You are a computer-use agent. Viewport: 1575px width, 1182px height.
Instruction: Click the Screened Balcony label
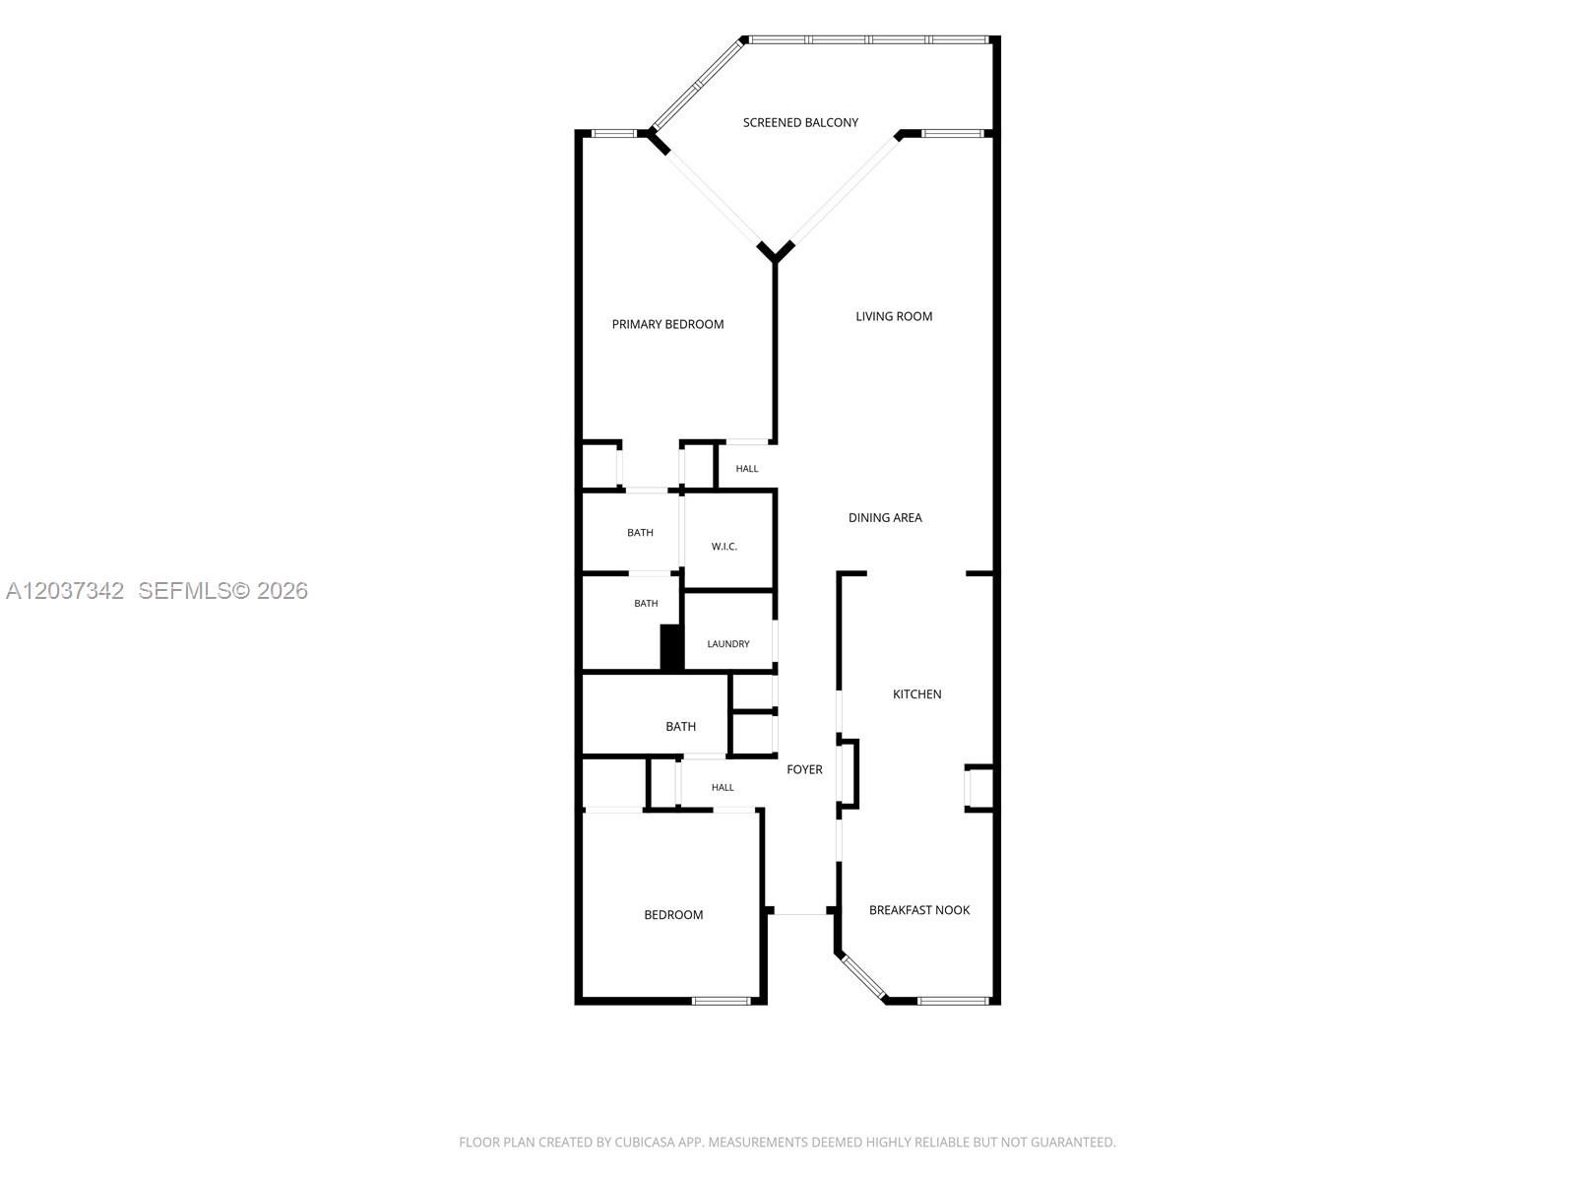point(800,123)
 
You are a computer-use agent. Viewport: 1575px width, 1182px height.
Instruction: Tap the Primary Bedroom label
point(667,324)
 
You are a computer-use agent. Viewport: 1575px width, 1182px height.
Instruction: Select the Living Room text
point(894,316)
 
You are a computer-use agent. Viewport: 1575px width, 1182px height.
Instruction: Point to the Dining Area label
point(885,517)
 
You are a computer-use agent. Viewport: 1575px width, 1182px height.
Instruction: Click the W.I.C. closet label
point(724,547)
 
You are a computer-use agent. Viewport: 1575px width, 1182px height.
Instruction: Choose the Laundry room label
point(728,644)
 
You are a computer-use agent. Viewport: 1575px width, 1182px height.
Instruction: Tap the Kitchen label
point(917,694)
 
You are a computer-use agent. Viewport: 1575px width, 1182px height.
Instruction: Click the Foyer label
point(804,769)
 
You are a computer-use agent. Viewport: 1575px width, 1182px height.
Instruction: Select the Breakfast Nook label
point(919,910)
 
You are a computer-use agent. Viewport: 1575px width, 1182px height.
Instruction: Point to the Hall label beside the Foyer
point(723,787)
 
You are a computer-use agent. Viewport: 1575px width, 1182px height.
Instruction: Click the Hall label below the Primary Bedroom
point(747,469)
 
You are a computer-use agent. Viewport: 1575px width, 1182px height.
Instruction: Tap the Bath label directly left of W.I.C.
point(640,533)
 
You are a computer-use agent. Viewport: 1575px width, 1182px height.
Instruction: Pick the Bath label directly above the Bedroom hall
point(680,726)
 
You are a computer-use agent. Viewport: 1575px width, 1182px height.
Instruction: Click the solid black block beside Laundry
point(670,648)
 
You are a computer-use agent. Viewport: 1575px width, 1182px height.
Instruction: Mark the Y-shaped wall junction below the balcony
point(775,252)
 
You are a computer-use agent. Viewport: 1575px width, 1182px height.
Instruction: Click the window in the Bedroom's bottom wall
point(721,1001)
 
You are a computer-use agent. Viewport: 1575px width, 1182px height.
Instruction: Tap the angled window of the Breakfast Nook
point(864,977)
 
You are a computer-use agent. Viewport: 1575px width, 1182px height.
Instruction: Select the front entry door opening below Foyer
point(800,914)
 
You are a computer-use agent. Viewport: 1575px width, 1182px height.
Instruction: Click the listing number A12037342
point(65,591)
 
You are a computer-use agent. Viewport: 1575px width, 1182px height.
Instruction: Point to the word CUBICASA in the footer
point(645,1142)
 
